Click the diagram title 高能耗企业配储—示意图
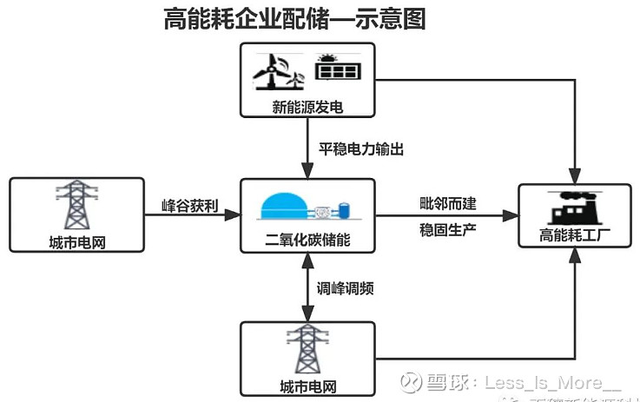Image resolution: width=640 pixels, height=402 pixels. pyautogui.click(x=294, y=19)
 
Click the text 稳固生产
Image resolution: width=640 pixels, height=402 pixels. pyautogui.click(x=446, y=231)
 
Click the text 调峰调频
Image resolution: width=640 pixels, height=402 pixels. pyautogui.click(x=345, y=288)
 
